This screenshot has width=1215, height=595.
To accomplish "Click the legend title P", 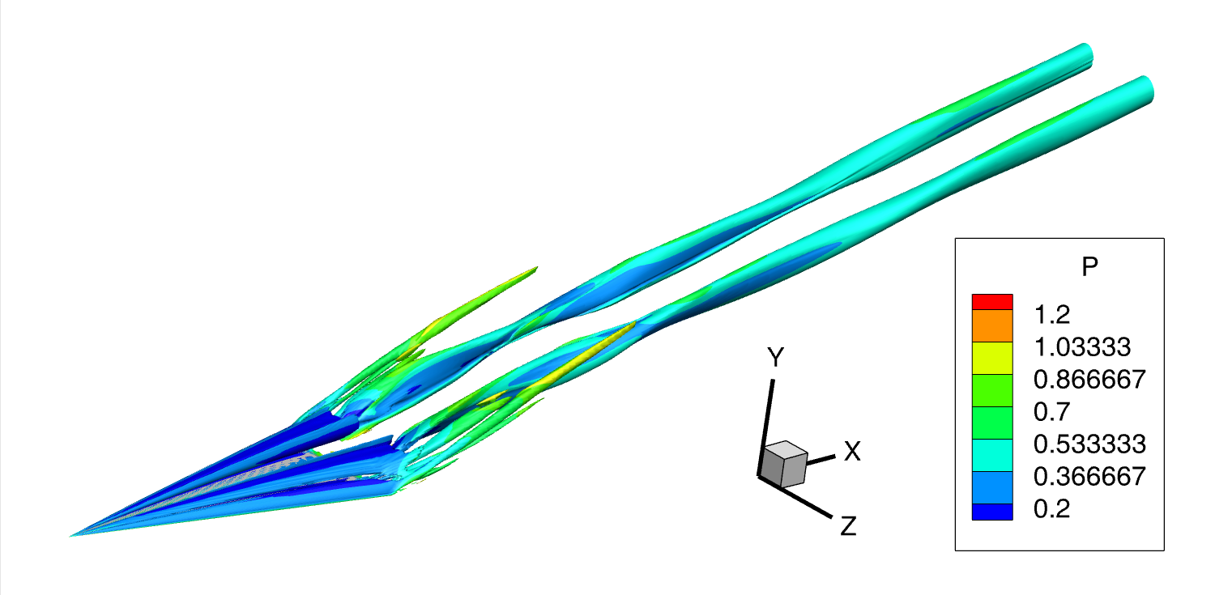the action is (1089, 266).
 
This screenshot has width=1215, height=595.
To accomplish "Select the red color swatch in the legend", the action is (992, 302).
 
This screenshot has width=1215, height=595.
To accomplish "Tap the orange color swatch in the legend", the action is (992, 325).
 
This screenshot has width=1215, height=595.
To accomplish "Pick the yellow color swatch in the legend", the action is (992, 358).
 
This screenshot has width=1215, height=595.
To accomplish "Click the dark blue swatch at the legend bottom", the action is (992, 512).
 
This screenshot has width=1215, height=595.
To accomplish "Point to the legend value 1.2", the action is (1051, 314).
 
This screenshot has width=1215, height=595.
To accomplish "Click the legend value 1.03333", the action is (1082, 346).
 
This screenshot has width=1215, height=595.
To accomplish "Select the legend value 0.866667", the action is (1089, 380).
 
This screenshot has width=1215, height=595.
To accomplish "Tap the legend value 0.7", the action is (1051, 412).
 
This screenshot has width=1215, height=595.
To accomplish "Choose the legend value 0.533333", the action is (1089, 444).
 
